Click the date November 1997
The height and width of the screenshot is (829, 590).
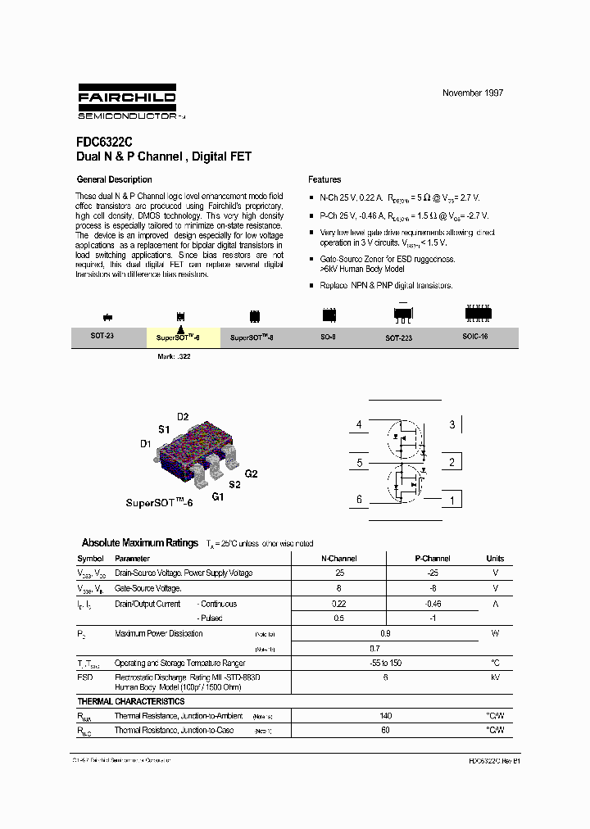[473, 93]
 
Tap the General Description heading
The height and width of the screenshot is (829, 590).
[114, 179]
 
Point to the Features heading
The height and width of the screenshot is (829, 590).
[324, 179]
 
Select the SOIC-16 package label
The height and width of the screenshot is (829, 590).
[474, 337]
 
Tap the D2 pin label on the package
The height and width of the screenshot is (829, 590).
[183, 416]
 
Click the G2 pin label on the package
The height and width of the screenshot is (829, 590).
[252, 473]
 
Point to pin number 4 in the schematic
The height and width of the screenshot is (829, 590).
[358, 425]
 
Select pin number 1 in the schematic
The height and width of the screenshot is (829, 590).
[452, 500]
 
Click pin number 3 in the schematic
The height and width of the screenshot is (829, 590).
[452, 424]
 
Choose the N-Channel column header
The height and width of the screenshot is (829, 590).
[339, 559]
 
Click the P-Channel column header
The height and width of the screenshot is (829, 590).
[433, 559]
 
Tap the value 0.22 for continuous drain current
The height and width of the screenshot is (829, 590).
[339, 604]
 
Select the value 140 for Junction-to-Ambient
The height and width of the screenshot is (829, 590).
[386, 715]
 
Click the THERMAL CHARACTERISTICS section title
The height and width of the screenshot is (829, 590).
[131, 701]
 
